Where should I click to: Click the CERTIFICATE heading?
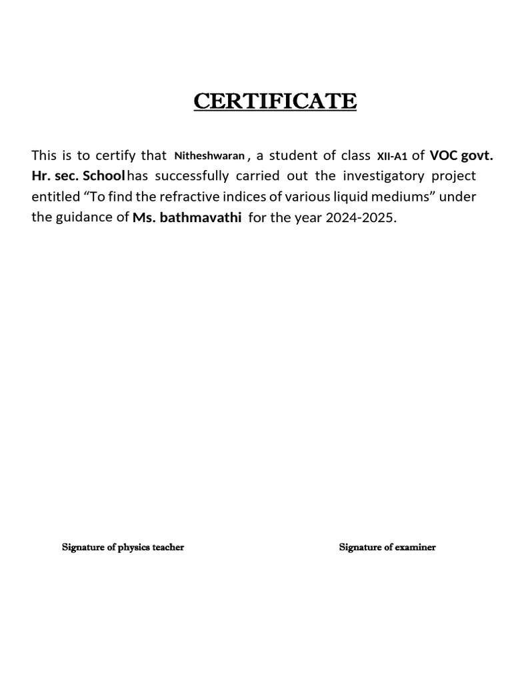[275, 101]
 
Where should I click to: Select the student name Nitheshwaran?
[209, 156]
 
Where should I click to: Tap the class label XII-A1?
[392, 157]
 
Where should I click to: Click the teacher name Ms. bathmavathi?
[187, 217]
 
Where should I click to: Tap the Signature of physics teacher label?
[123, 548]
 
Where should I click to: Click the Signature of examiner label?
[387, 548]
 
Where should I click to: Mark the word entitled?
[55, 197]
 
